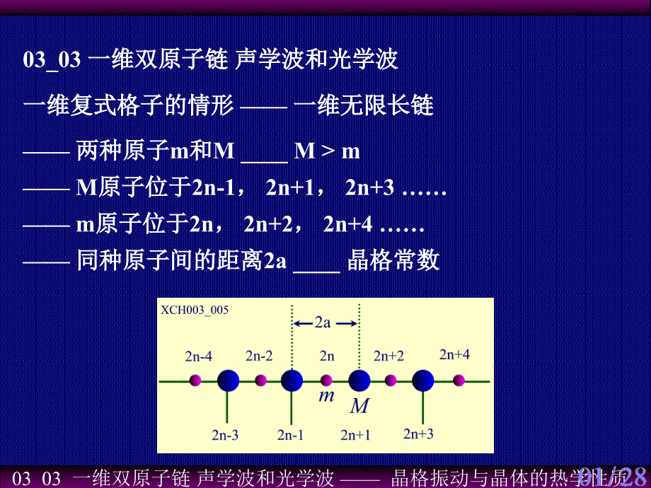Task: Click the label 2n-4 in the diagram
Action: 198,356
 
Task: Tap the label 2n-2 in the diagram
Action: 260,355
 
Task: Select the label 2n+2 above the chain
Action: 388,355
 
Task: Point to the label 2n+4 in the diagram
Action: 454,354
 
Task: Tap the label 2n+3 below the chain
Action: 418,433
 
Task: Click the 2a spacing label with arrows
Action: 323,323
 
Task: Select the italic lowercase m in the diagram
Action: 326,395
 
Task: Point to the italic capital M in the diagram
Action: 360,406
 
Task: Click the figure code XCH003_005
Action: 195,309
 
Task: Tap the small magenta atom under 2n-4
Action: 196,381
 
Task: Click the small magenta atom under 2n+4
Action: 459,381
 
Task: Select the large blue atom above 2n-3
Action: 228,381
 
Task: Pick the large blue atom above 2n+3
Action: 423,381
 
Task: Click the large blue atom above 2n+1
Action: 359,381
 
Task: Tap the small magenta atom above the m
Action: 326,380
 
